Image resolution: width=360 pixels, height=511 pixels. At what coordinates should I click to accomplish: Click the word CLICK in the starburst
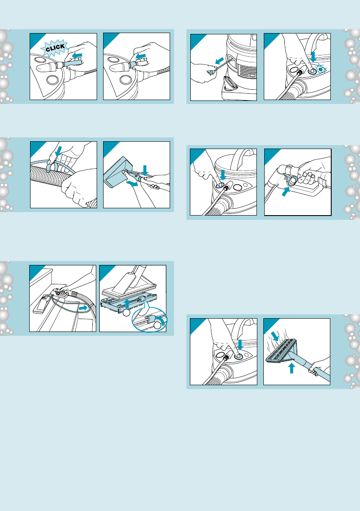[x=55, y=48]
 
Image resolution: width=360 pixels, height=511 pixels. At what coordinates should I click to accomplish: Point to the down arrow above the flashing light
[x=313, y=56]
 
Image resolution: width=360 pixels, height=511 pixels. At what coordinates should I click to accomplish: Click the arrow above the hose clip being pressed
[x=58, y=151]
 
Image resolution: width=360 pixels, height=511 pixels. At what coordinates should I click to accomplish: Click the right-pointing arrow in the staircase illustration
[x=83, y=307]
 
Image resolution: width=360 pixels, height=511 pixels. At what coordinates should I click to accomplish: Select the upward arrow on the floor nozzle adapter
[x=128, y=304]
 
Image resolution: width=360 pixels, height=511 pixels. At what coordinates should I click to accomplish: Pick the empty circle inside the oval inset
[x=158, y=325]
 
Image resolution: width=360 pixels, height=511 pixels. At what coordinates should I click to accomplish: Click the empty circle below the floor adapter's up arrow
[x=127, y=313]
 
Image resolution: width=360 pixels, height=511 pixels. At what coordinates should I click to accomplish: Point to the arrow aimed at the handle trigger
[x=285, y=191]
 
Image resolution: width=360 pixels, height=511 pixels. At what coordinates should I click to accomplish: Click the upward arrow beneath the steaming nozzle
[x=292, y=368]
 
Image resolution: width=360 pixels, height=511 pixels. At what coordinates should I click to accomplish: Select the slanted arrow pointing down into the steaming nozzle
[x=275, y=336]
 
